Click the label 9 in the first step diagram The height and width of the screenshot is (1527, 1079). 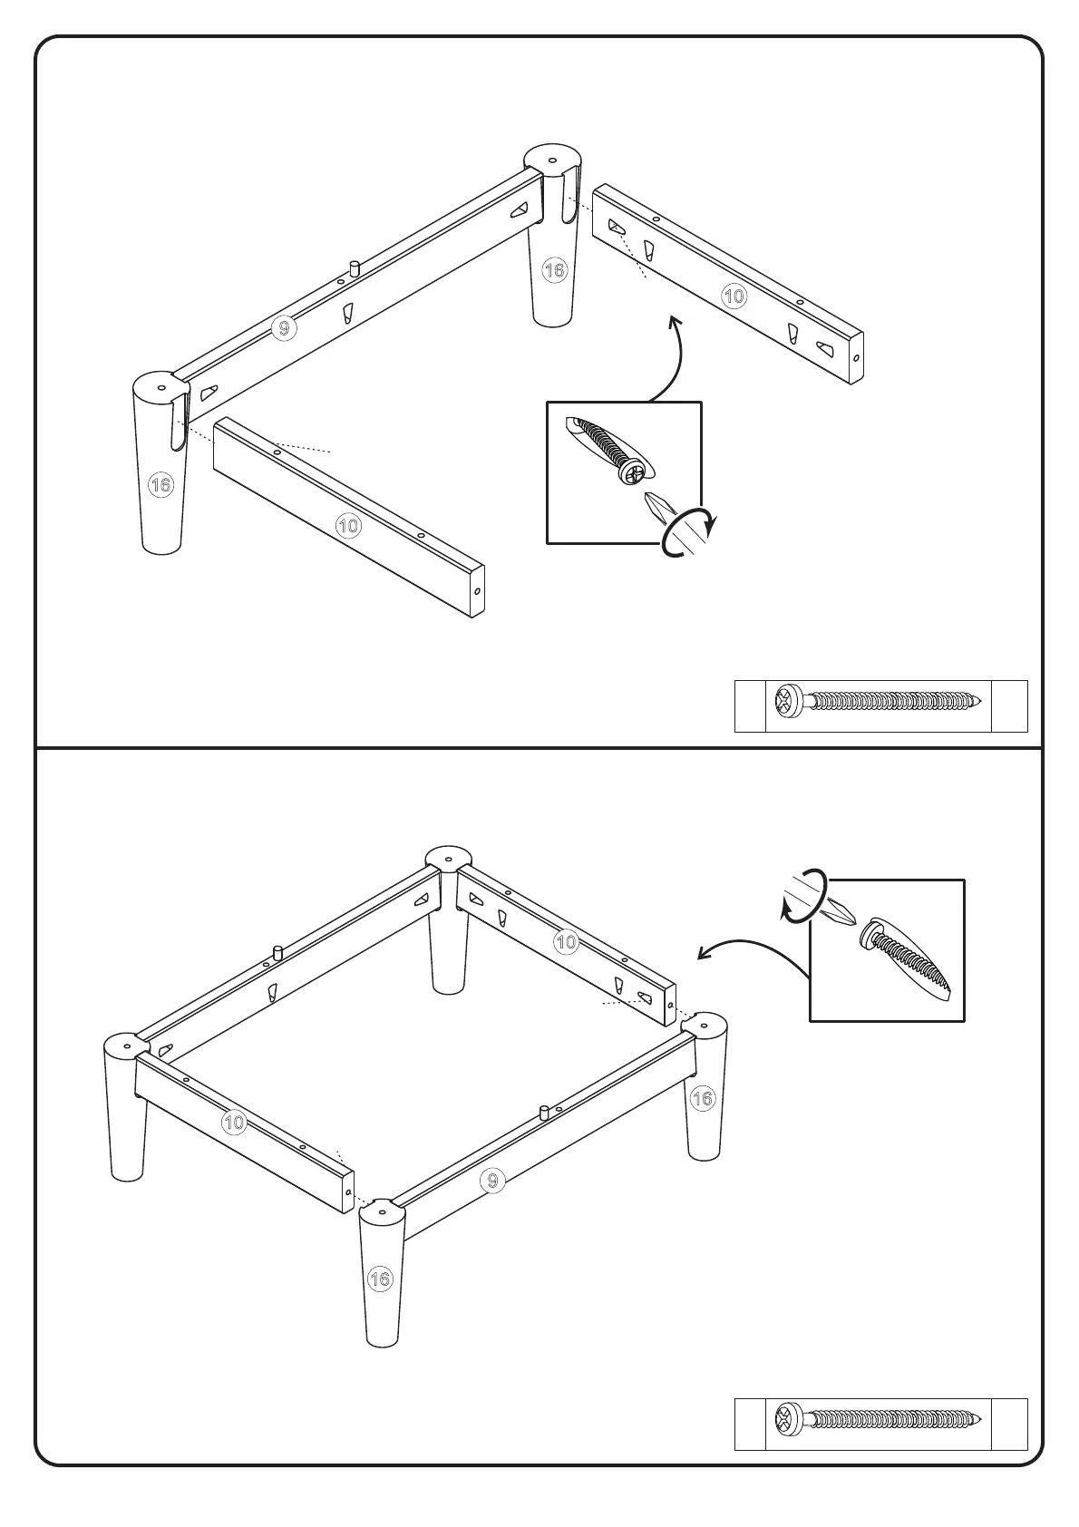284,328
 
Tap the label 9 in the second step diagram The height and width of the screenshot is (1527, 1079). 492,1181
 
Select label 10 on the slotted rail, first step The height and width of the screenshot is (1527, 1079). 734,296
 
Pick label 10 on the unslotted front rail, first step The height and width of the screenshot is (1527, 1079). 348,526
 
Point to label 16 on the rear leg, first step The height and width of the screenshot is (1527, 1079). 554,269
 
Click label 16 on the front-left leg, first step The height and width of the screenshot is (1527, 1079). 160,485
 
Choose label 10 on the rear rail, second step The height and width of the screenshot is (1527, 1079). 567,942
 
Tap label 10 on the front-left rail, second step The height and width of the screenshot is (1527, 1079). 234,1123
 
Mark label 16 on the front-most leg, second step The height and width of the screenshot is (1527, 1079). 381,1279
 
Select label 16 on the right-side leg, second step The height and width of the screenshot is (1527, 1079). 703,1099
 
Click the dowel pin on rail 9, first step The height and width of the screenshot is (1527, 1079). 355,268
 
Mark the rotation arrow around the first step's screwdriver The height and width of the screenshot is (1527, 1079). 689,535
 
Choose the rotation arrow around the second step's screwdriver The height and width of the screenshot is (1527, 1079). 803,898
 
